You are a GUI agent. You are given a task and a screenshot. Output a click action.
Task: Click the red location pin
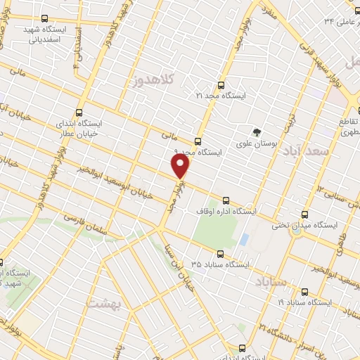(x=181, y=167)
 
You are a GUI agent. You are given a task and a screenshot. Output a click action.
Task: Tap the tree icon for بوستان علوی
(x=257, y=131)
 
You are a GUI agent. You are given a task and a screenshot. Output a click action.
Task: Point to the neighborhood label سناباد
(x=265, y=283)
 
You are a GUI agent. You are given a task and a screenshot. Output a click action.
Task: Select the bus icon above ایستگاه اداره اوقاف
(x=225, y=200)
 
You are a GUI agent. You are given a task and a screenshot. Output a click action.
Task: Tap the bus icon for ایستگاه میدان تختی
(x=304, y=214)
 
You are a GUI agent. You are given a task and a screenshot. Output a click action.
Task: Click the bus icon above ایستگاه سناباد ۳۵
(x=220, y=254)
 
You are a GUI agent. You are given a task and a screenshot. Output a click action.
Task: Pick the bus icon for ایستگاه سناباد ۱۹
(x=304, y=291)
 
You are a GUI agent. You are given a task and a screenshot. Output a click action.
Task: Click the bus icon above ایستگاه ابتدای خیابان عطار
(x=78, y=111)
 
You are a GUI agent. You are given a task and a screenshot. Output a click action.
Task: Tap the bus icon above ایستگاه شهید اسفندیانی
(x=45, y=19)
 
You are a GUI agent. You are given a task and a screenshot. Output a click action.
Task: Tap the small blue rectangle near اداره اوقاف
(x=243, y=239)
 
